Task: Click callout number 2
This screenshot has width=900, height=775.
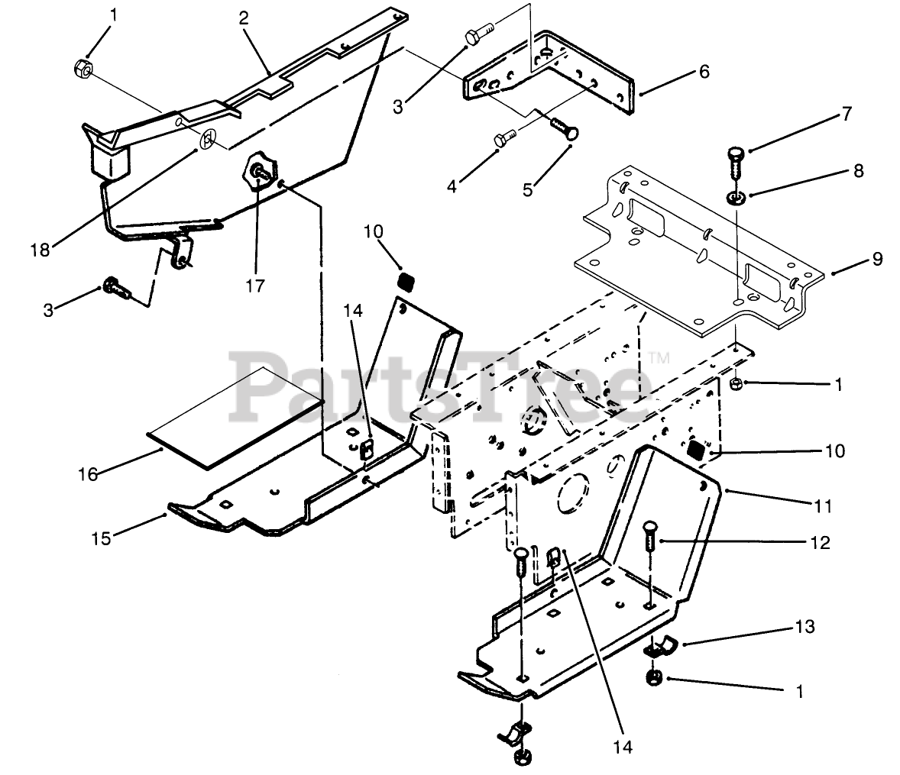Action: [x=244, y=19]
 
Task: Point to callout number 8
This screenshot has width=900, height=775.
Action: [x=858, y=170]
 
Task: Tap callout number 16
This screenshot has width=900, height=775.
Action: [x=88, y=474]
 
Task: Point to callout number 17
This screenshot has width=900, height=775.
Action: [x=254, y=286]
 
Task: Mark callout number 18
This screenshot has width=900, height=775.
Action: [x=40, y=250]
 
